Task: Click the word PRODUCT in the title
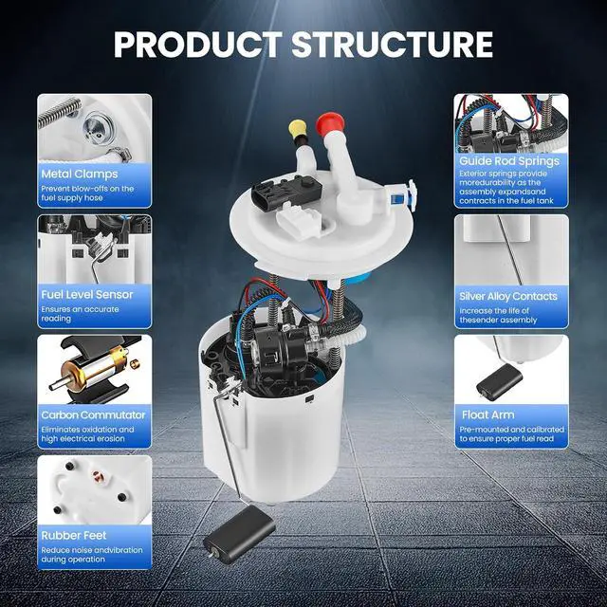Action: pos(198,45)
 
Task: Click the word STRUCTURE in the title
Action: pos(392,45)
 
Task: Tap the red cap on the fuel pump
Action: pos(330,123)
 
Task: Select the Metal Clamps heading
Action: pos(80,174)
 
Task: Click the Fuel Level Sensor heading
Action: pos(87,295)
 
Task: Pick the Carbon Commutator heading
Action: pos(93,415)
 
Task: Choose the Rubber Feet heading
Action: pos(74,535)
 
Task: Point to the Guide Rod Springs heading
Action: pos(509,161)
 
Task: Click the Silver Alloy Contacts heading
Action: pos(508,297)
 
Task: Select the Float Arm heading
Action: pos(488,415)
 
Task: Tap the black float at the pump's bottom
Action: pos(239,534)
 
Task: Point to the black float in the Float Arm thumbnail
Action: pos(499,380)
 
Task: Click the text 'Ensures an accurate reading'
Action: pos(80,314)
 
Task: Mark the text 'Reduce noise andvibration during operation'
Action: pos(92,555)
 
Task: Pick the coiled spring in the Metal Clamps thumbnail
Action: pos(60,112)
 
